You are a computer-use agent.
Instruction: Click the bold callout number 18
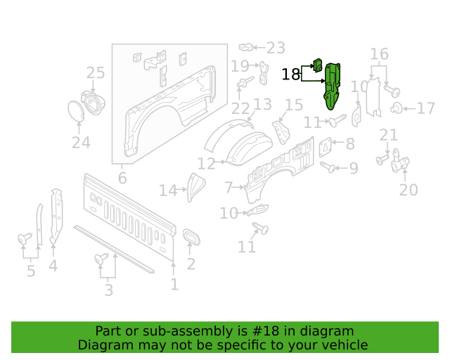290,75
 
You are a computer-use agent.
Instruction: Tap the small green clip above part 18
317,65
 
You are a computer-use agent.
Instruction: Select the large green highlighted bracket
332,86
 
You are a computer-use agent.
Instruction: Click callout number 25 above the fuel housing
96,73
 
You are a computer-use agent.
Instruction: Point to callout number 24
81,143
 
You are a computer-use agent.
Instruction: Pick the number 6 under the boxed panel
122,179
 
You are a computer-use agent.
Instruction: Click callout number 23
276,48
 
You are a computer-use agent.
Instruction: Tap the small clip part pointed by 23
245,47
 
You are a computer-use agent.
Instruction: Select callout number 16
380,53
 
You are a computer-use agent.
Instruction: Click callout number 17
426,108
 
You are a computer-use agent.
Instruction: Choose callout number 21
389,135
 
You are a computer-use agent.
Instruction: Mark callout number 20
409,190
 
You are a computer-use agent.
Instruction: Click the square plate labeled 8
325,147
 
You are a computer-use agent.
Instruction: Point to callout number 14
168,191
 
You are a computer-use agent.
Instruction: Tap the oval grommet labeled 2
191,237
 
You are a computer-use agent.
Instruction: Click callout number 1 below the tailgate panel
174,285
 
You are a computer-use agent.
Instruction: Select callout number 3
109,290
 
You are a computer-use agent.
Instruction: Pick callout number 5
31,271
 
